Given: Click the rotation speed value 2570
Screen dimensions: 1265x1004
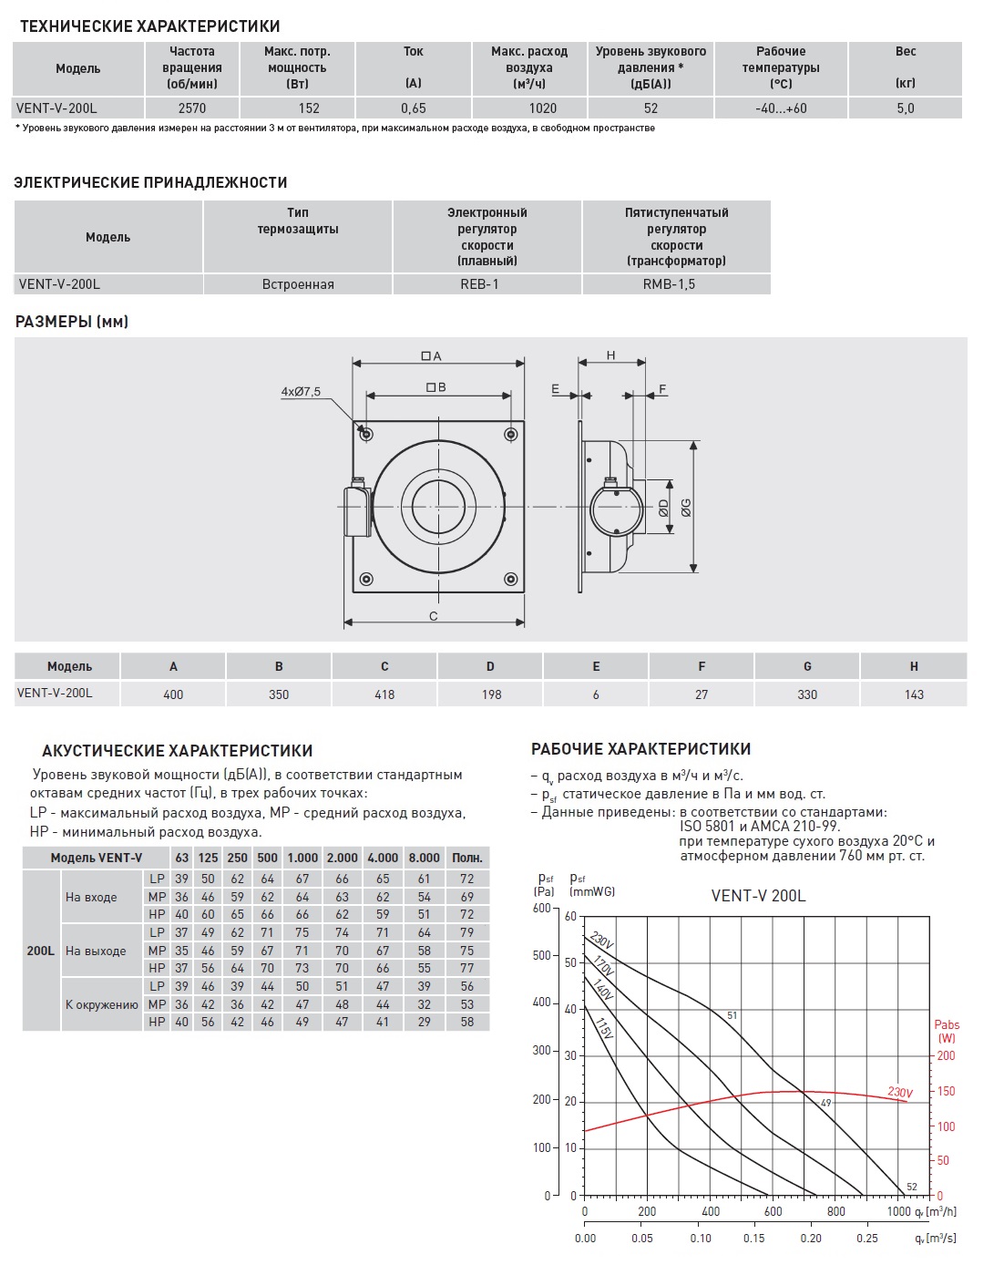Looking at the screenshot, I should point(192,108).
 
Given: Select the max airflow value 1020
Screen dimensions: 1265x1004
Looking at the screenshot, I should point(529,108).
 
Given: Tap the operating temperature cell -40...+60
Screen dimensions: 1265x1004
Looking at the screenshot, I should point(781,108).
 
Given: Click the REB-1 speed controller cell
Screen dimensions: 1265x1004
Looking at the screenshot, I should point(487,284).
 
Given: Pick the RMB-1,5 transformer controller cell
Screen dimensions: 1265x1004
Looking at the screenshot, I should point(676,284).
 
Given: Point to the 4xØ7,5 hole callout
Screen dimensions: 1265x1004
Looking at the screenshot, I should point(301,392).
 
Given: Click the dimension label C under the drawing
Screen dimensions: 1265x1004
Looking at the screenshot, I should point(434,616).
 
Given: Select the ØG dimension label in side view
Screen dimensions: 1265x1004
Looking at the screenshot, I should point(685,507).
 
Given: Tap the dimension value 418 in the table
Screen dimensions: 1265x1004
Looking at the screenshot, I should point(384,694).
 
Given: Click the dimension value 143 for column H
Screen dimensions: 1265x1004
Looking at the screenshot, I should point(914,694).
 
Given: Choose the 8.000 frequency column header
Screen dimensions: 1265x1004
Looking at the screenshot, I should point(424,858).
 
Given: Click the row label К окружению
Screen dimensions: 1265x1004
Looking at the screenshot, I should point(102,1004).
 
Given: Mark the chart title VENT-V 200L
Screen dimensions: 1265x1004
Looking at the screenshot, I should point(758,896).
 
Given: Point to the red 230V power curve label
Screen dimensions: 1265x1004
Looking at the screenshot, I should point(900,1092).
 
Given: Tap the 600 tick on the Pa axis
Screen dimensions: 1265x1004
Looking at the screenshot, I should point(541,908).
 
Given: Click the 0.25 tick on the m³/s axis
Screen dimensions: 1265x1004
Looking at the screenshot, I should point(866,1238).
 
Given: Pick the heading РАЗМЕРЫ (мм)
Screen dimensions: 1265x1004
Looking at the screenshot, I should point(72,322).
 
